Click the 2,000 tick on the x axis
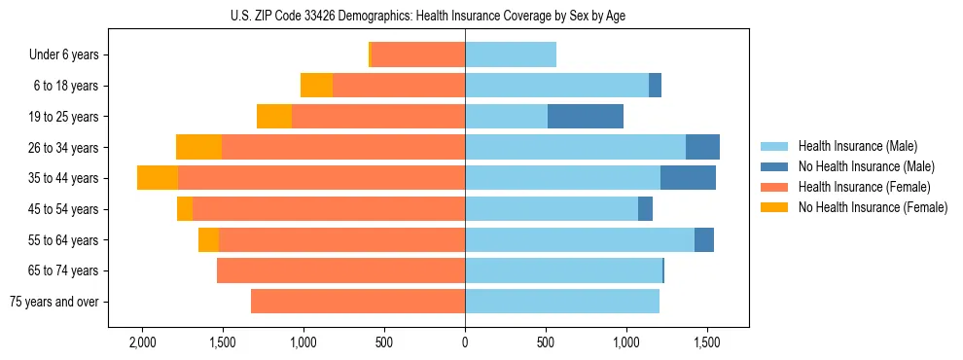[x=142, y=342]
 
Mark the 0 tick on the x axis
[x=465, y=342]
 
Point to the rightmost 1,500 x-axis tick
[x=707, y=342]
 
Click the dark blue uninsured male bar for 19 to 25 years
[x=586, y=117]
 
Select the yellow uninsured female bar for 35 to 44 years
[x=158, y=178]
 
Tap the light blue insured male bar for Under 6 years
[x=511, y=55]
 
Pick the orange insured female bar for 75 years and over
[x=358, y=302]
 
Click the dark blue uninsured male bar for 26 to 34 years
[x=702, y=148]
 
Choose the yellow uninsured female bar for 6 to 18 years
[x=316, y=86]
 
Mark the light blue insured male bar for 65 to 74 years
[x=563, y=270]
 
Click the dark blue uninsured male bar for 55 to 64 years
[x=704, y=240]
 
